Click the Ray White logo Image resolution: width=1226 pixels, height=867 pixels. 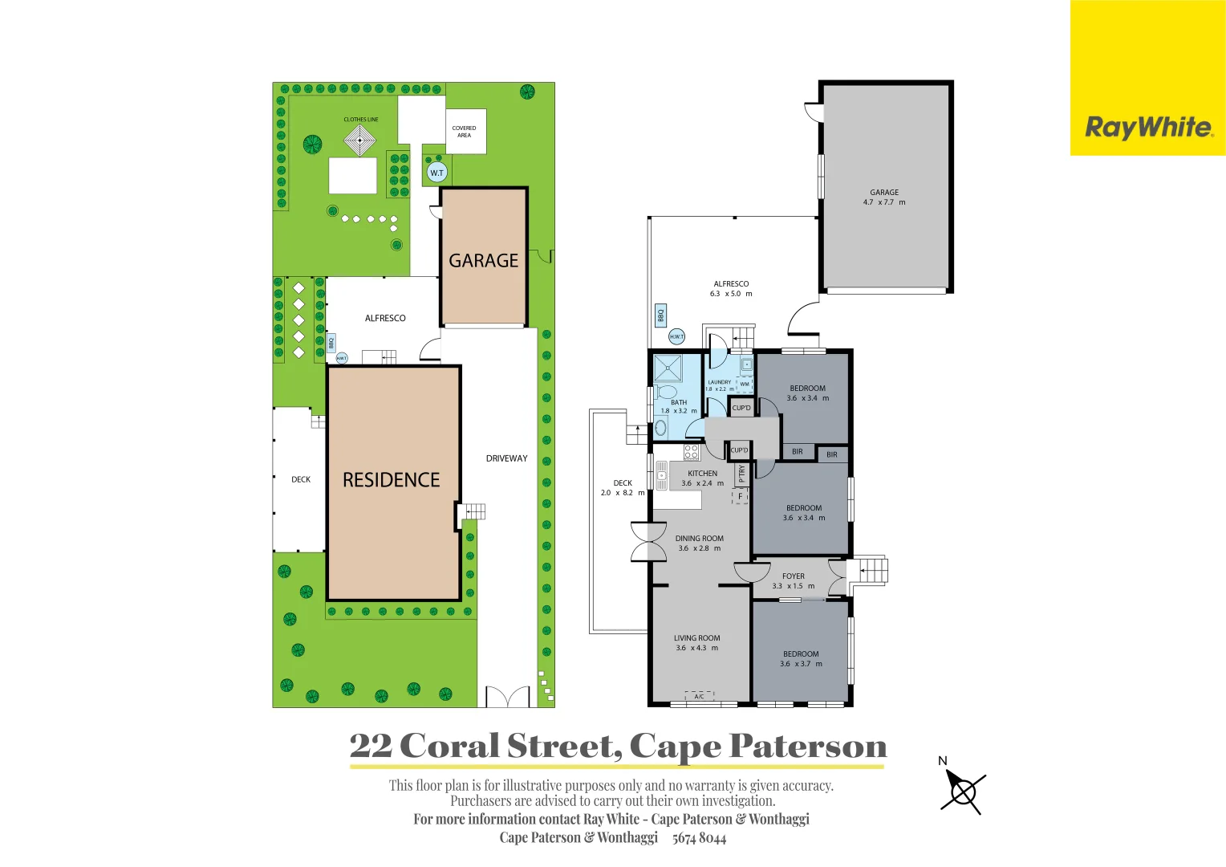(x=1147, y=128)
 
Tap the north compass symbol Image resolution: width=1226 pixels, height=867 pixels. (x=962, y=791)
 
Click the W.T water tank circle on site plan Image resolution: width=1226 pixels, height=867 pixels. (x=436, y=173)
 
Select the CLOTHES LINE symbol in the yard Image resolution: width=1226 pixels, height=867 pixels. (x=360, y=141)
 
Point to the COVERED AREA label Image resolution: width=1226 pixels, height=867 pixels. (x=465, y=132)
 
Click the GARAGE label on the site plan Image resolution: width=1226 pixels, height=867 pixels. (x=483, y=261)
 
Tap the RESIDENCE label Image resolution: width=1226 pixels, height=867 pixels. (x=392, y=480)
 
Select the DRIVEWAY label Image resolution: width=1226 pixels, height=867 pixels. (x=506, y=458)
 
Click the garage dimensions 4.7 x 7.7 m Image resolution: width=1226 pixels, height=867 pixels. (x=883, y=202)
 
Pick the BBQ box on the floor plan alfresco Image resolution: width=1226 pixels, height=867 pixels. (x=661, y=315)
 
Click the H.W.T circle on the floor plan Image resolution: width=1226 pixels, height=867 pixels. (x=677, y=337)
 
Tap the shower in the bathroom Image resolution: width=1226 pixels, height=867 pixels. (x=668, y=368)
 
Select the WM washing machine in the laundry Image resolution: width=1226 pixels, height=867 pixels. (x=745, y=384)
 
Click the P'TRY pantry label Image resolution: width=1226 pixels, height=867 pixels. (x=742, y=473)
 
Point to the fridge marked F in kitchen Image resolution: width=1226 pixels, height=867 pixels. (x=740, y=496)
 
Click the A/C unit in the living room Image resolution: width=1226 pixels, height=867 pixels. (x=699, y=696)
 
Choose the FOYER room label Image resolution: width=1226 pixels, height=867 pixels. (x=793, y=576)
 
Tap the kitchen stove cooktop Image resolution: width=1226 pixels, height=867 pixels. (x=691, y=452)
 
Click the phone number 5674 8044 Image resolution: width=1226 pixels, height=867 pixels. (x=699, y=838)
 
